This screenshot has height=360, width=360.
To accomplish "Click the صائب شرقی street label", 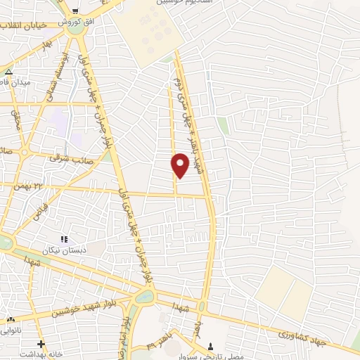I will click(67, 158).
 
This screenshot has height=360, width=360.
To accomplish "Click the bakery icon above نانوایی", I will click(10, 319).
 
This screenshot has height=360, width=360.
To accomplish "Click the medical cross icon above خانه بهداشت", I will click(41, 344).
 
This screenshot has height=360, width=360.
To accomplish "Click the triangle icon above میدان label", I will click(8, 72).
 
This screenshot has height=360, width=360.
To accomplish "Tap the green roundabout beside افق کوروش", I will click(74, 28).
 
